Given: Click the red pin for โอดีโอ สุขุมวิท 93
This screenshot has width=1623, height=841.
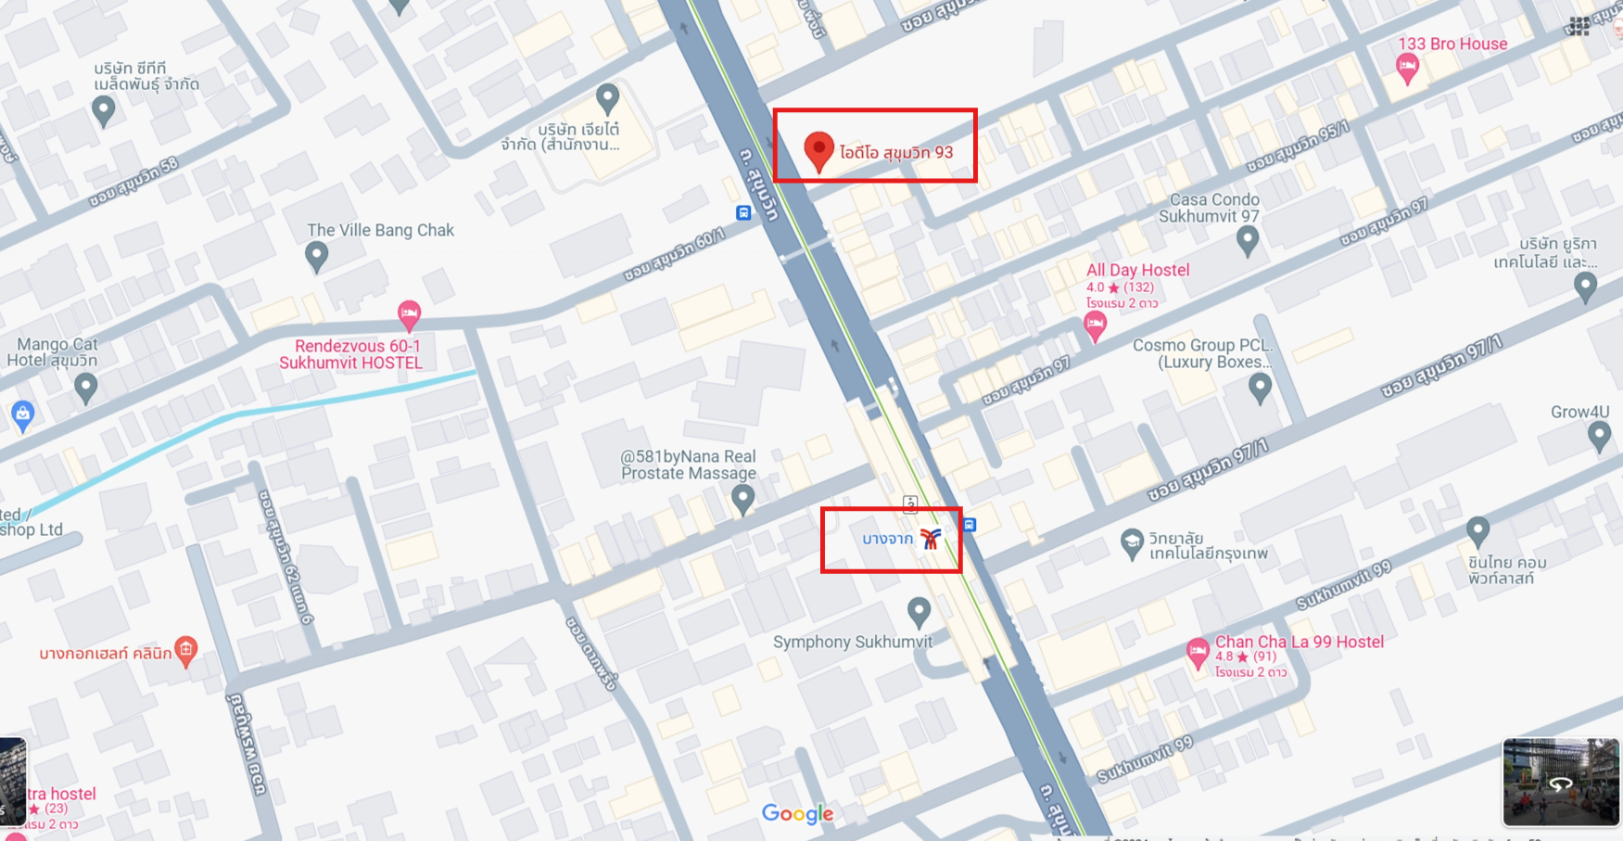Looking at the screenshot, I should pyautogui.click(x=818, y=149).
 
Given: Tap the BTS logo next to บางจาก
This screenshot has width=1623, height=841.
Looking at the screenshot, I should pyautogui.click(x=931, y=539).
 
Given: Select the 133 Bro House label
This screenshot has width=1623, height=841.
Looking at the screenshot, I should pyautogui.click(x=1452, y=44).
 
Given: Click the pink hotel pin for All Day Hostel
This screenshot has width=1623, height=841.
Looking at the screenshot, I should pyautogui.click(x=1095, y=325).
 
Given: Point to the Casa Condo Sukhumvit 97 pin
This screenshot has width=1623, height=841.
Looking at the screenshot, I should pyautogui.click(x=1248, y=239).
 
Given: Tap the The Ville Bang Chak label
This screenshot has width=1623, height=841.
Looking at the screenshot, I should pyautogui.click(x=380, y=230).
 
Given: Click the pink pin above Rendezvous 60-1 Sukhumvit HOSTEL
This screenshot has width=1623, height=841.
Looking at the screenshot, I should pyautogui.click(x=409, y=314).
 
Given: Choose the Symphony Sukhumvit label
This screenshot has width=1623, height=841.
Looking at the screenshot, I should pyautogui.click(x=852, y=642).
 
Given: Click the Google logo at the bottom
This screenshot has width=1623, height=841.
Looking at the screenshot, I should pyautogui.click(x=797, y=813).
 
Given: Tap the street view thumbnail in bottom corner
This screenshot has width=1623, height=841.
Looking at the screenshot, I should pyautogui.click(x=1560, y=782).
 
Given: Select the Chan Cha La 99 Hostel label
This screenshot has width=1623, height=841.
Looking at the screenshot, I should pyautogui.click(x=1299, y=642).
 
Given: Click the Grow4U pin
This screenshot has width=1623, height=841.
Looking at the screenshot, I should pyautogui.click(x=1599, y=434).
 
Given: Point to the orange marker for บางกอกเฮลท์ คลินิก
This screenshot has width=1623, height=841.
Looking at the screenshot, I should pyautogui.click(x=186, y=650).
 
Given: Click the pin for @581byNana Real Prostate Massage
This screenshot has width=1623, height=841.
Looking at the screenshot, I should pyautogui.click(x=742, y=499).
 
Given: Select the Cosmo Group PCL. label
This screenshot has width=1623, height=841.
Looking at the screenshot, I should pyautogui.click(x=1202, y=345).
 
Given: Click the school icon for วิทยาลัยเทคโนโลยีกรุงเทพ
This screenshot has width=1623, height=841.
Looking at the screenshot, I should pyautogui.click(x=1131, y=543).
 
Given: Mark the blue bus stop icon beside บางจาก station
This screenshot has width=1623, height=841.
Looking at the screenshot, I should pyautogui.click(x=970, y=525).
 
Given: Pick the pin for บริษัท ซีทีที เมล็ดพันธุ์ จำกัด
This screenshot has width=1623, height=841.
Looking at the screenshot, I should pyautogui.click(x=104, y=110).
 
